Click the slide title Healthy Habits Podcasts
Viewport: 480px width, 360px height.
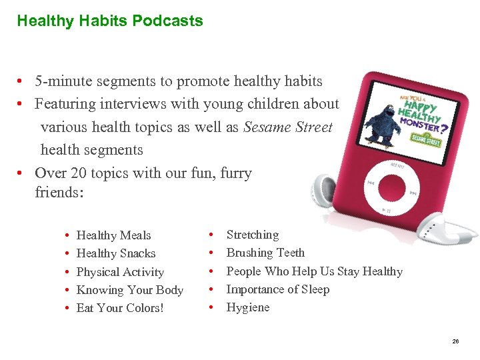[x=110, y=21]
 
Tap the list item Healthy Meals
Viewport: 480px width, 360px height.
[x=114, y=235]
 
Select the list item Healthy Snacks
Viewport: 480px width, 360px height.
[x=116, y=253]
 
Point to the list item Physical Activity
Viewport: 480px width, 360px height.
[x=120, y=272]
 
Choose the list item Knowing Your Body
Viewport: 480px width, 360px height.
[x=130, y=290]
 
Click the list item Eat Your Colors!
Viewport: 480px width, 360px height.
[x=120, y=308]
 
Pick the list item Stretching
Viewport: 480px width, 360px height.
[x=253, y=235]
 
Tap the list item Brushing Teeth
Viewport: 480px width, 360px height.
[x=265, y=253]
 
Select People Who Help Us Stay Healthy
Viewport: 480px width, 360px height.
[x=315, y=271]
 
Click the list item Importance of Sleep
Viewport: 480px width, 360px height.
[x=278, y=289]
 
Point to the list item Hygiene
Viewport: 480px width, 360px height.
[x=248, y=307]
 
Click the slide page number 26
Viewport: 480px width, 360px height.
[x=455, y=341]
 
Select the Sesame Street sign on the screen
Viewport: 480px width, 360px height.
[x=425, y=139]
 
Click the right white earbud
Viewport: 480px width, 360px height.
[x=453, y=231]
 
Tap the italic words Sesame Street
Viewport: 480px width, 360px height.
[x=287, y=127]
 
